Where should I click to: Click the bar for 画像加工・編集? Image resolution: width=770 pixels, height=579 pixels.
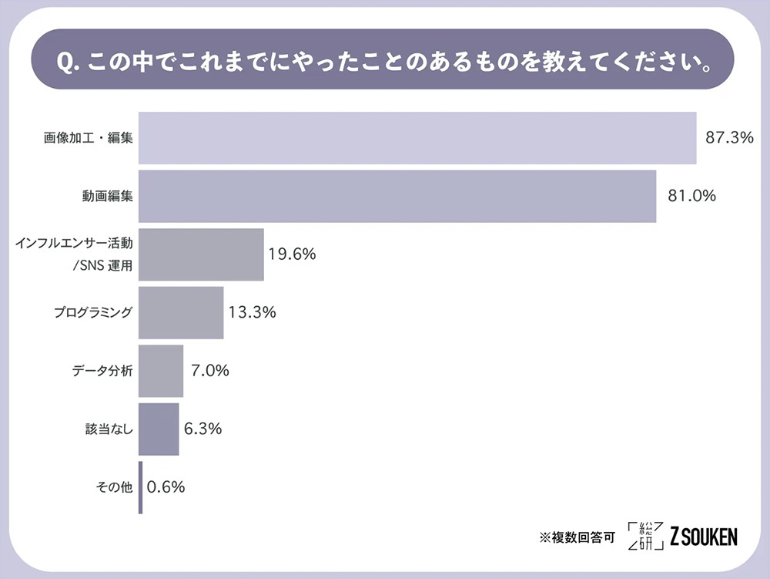417,138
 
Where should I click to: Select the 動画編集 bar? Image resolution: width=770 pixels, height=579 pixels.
397,197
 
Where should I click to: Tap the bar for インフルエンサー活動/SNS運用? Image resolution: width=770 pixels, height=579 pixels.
201,254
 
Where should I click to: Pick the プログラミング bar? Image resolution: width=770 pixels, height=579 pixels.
181,312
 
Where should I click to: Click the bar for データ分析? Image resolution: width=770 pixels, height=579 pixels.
161,371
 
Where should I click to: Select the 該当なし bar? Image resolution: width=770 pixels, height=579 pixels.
159,429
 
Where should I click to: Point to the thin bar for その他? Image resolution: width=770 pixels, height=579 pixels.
141,487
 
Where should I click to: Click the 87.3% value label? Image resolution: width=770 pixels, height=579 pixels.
728,138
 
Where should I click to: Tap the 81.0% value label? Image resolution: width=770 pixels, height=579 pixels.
688,196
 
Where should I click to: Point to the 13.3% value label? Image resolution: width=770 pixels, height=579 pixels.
252,312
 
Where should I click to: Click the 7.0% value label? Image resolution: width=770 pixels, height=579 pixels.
209,371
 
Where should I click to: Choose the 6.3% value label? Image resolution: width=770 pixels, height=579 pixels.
203,429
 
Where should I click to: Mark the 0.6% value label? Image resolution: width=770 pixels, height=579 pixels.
166,487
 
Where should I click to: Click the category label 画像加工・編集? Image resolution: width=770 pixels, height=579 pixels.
88,139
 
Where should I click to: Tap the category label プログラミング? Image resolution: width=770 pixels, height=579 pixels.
93,313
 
